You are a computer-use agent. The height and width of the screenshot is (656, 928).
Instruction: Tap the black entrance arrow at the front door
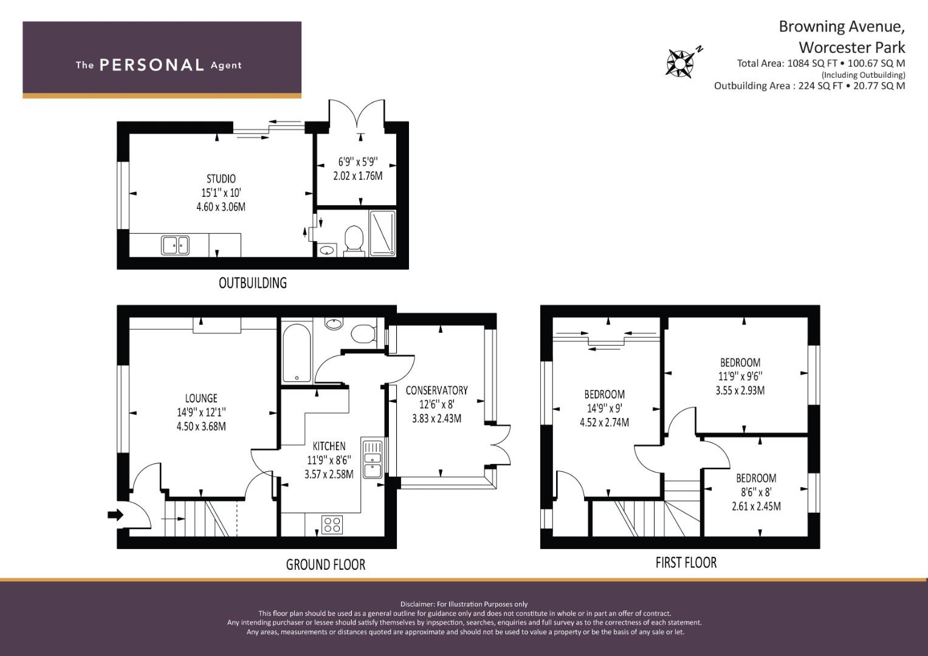click(115, 515)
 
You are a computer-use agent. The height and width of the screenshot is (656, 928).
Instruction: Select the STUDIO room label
click(221, 179)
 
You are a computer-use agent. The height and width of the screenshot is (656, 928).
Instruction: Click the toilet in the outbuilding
click(354, 240)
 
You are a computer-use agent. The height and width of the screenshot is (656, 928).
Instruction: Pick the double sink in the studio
click(175, 245)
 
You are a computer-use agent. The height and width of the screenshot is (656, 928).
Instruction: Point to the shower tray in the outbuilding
click(382, 233)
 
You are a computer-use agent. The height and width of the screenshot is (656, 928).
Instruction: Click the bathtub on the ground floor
click(297, 352)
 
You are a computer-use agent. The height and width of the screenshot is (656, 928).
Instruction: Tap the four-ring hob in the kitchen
click(332, 524)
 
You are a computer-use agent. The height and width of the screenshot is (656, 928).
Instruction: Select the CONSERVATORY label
click(437, 391)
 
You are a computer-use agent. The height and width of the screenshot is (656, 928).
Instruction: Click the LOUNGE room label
click(201, 398)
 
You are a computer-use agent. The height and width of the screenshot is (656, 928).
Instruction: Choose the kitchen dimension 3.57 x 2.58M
click(329, 474)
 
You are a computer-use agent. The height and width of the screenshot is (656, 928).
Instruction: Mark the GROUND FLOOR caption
click(326, 564)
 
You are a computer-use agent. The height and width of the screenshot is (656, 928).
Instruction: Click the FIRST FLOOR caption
click(686, 562)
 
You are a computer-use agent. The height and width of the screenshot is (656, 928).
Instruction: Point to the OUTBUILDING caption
click(253, 283)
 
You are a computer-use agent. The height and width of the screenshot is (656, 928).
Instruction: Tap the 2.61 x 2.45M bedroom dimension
click(756, 506)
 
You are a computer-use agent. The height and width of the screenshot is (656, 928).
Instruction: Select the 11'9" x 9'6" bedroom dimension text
click(740, 377)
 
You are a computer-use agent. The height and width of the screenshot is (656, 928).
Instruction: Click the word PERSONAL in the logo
click(152, 65)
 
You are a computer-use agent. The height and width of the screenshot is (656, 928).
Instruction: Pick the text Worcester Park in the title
click(852, 47)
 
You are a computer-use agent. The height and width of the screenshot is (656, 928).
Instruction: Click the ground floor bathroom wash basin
click(334, 323)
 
